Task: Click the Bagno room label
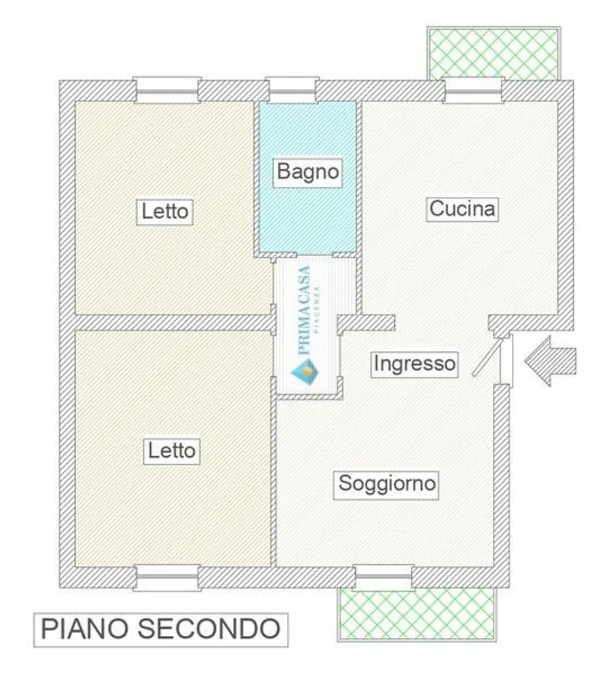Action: [308, 172]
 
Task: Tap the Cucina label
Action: [462, 209]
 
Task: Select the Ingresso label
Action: [415, 363]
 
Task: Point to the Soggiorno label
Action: [386, 484]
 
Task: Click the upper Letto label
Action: [165, 211]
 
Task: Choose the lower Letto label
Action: [172, 451]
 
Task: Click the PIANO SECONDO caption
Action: [161, 629]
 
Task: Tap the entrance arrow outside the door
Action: [551, 361]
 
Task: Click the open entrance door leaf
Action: [488, 357]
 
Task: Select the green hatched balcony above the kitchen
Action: [494, 53]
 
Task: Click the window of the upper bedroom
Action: [166, 90]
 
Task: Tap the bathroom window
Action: [292, 90]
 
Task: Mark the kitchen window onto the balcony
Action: [473, 90]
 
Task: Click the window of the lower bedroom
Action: [166, 578]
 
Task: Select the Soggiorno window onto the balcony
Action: [383, 578]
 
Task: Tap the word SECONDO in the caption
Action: [209, 629]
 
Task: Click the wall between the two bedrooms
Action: [174, 323]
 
